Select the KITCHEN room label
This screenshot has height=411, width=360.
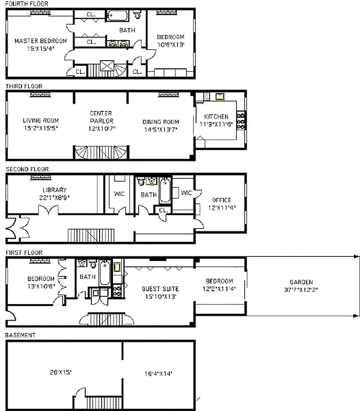216,117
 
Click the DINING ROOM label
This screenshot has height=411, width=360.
161,122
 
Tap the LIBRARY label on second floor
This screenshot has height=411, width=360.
51,190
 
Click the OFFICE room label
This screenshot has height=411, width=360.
221,200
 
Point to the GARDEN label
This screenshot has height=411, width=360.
301,282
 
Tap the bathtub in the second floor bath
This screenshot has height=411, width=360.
165,191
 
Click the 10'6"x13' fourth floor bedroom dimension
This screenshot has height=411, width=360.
170,45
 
